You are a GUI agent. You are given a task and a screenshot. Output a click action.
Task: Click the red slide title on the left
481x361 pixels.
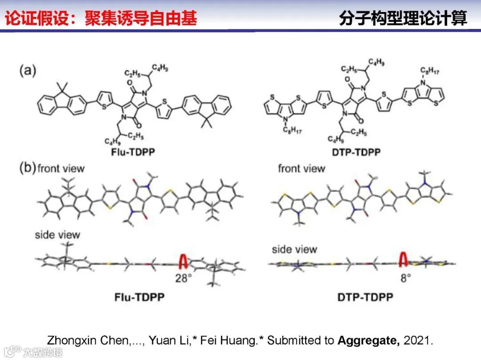pyautogui.click(x=101, y=19)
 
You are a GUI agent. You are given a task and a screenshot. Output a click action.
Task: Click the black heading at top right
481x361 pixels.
pyautogui.click(x=403, y=19)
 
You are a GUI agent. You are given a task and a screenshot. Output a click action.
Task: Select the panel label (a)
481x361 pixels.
pyautogui.click(x=28, y=70)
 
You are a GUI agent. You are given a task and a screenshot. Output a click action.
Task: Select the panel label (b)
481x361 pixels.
pyautogui.click(x=28, y=168)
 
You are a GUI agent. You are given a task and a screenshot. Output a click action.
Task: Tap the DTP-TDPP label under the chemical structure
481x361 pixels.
pyautogui.click(x=356, y=152)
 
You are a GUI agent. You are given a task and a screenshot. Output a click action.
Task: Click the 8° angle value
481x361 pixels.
pyautogui.click(x=405, y=278)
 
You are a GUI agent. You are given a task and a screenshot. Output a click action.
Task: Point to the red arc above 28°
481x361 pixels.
pyautogui.click(x=183, y=262)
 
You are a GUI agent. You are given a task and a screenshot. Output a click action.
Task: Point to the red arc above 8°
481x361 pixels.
pyautogui.click(x=404, y=259)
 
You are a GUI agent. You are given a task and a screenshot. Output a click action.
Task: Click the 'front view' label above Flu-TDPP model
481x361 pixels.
pyautogui.click(x=61, y=168)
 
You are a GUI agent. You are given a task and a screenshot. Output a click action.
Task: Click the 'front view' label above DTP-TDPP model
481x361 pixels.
pyautogui.click(x=302, y=168)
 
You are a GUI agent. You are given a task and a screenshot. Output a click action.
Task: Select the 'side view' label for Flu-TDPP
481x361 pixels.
pyautogui.click(x=57, y=234)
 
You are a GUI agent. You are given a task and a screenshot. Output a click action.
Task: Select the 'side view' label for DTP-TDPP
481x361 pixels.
pyautogui.click(x=294, y=249)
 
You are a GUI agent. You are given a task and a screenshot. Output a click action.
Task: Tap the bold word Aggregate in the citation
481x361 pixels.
pyautogui.click(x=369, y=340)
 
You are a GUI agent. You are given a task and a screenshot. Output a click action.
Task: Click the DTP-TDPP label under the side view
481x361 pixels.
pyautogui.click(x=365, y=296)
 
